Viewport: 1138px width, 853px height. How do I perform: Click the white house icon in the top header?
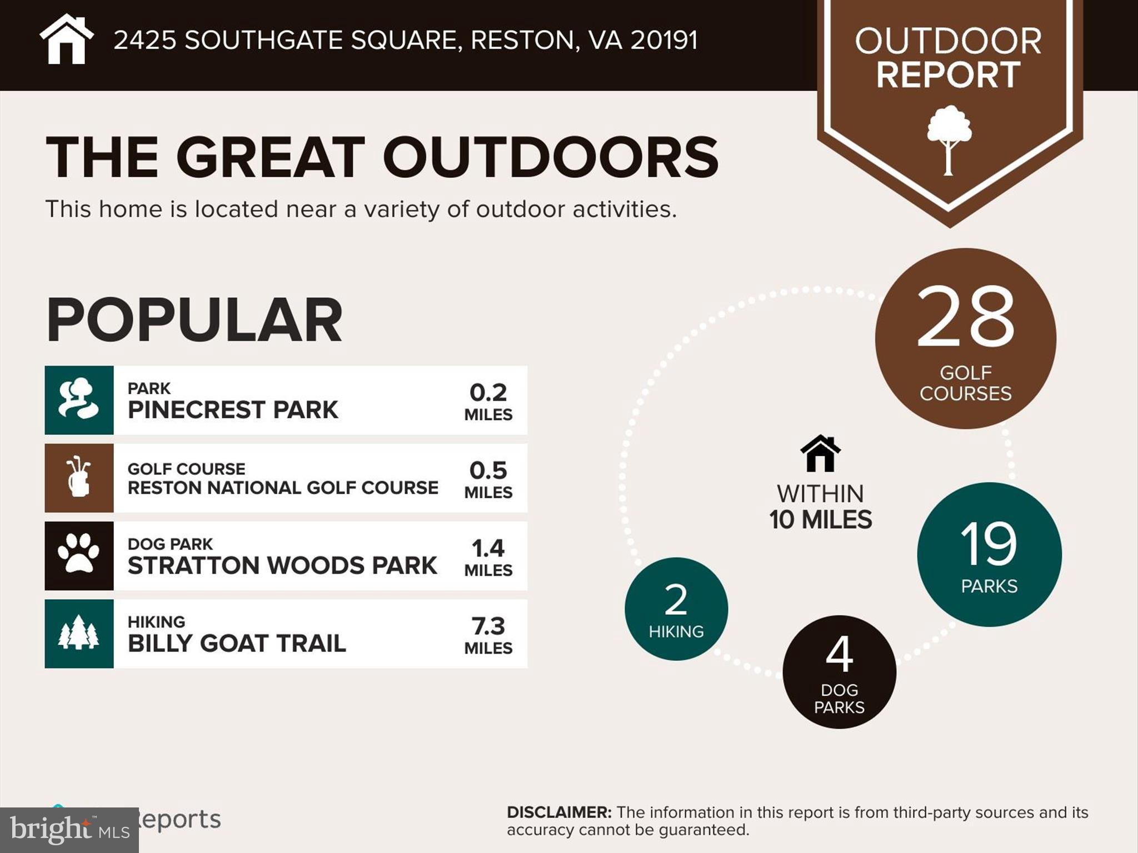[67, 40]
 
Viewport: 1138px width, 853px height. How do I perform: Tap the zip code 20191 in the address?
[663, 40]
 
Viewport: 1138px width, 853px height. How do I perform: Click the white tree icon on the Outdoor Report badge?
[949, 139]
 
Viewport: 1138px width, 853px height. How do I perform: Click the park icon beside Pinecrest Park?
[79, 400]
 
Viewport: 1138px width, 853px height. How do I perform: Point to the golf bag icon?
[79, 478]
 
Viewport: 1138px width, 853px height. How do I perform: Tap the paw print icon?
[79, 555]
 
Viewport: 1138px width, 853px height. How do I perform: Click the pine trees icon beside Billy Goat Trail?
[79, 634]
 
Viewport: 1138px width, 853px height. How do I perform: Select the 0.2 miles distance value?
[488, 401]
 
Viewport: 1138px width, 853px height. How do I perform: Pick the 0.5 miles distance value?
[488, 479]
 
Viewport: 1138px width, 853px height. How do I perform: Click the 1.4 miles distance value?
[488, 556]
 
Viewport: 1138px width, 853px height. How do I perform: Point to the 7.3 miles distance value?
[488, 634]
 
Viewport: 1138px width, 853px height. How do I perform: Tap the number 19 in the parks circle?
[989, 544]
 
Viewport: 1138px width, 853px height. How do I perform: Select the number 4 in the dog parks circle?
[839, 654]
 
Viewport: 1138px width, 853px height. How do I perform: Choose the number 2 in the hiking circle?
[676, 600]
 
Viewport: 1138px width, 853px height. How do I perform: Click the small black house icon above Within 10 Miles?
[820, 453]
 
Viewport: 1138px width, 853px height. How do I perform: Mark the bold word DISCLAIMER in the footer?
[558, 812]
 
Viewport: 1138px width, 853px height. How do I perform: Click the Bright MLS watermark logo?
[69, 830]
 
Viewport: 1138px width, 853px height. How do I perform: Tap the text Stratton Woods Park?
[282, 565]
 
